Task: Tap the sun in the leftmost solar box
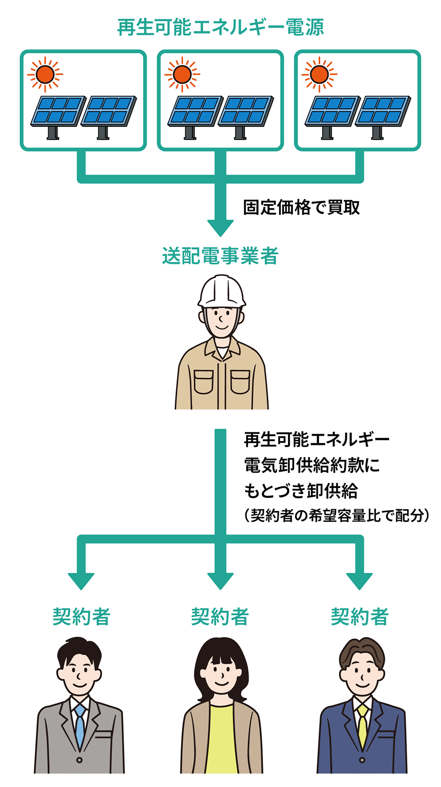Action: pyautogui.click(x=45, y=74)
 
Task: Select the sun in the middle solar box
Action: pyautogui.click(x=182, y=74)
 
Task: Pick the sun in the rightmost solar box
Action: pyautogui.click(x=319, y=74)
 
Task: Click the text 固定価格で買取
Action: pyautogui.click(x=301, y=207)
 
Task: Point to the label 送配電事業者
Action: pyautogui.click(x=220, y=256)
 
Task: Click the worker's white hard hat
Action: pyautogui.click(x=221, y=290)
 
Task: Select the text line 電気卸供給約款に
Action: pyautogui.click(x=312, y=465)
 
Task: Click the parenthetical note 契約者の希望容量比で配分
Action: pyautogui.click(x=336, y=515)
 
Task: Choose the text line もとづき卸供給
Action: pyautogui.click(x=301, y=490)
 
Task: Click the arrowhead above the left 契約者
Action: pyautogui.click(x=81, y=581)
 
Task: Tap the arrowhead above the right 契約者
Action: pyautogui.click(x=359, y=581)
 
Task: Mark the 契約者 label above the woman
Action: pyautogui.click(x=220, y=617)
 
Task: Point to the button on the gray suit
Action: pyautogui.click(x=79, y=760)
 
